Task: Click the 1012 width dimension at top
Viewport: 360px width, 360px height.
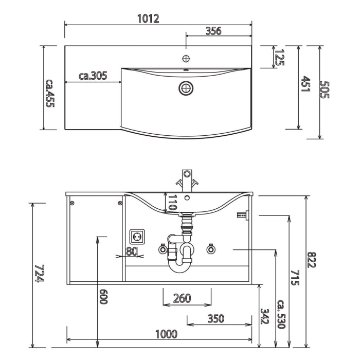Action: click(x=148, y=19)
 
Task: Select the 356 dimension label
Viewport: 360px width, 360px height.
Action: click(x=213, y=31)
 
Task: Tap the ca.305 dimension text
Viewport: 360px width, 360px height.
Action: click(x=93, y=76)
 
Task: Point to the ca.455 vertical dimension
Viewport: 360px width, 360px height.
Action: click(x=50, y=93)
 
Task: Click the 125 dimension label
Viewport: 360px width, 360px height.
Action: click(x=280, y=57)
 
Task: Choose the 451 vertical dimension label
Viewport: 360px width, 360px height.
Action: click(x=304, y=84)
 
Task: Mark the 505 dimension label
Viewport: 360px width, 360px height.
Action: click(x=324, y=89)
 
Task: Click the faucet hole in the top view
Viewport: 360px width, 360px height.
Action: click(x=187, y=58)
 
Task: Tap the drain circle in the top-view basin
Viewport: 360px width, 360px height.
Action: click(x=186, y=88)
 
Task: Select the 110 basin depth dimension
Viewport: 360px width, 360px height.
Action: click(x=172, y=203)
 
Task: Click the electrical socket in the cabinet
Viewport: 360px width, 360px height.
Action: click(x=138, y=237)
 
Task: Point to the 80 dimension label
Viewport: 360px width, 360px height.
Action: click(x=132, y=251)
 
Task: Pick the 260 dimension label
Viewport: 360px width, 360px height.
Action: click(x=182, y=298)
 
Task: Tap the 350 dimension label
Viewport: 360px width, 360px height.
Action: click(x=216, y=318)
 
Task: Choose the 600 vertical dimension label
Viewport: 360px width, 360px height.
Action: click(x=103, y=296)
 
